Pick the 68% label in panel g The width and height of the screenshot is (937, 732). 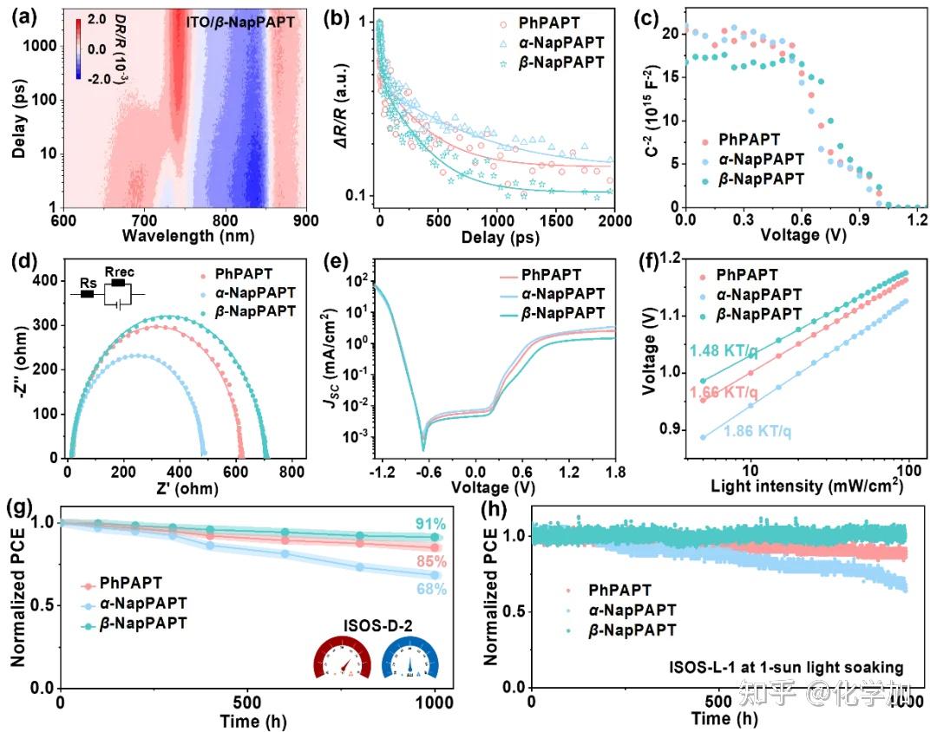point(431,590)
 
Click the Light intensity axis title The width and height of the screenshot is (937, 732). point(807,486)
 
